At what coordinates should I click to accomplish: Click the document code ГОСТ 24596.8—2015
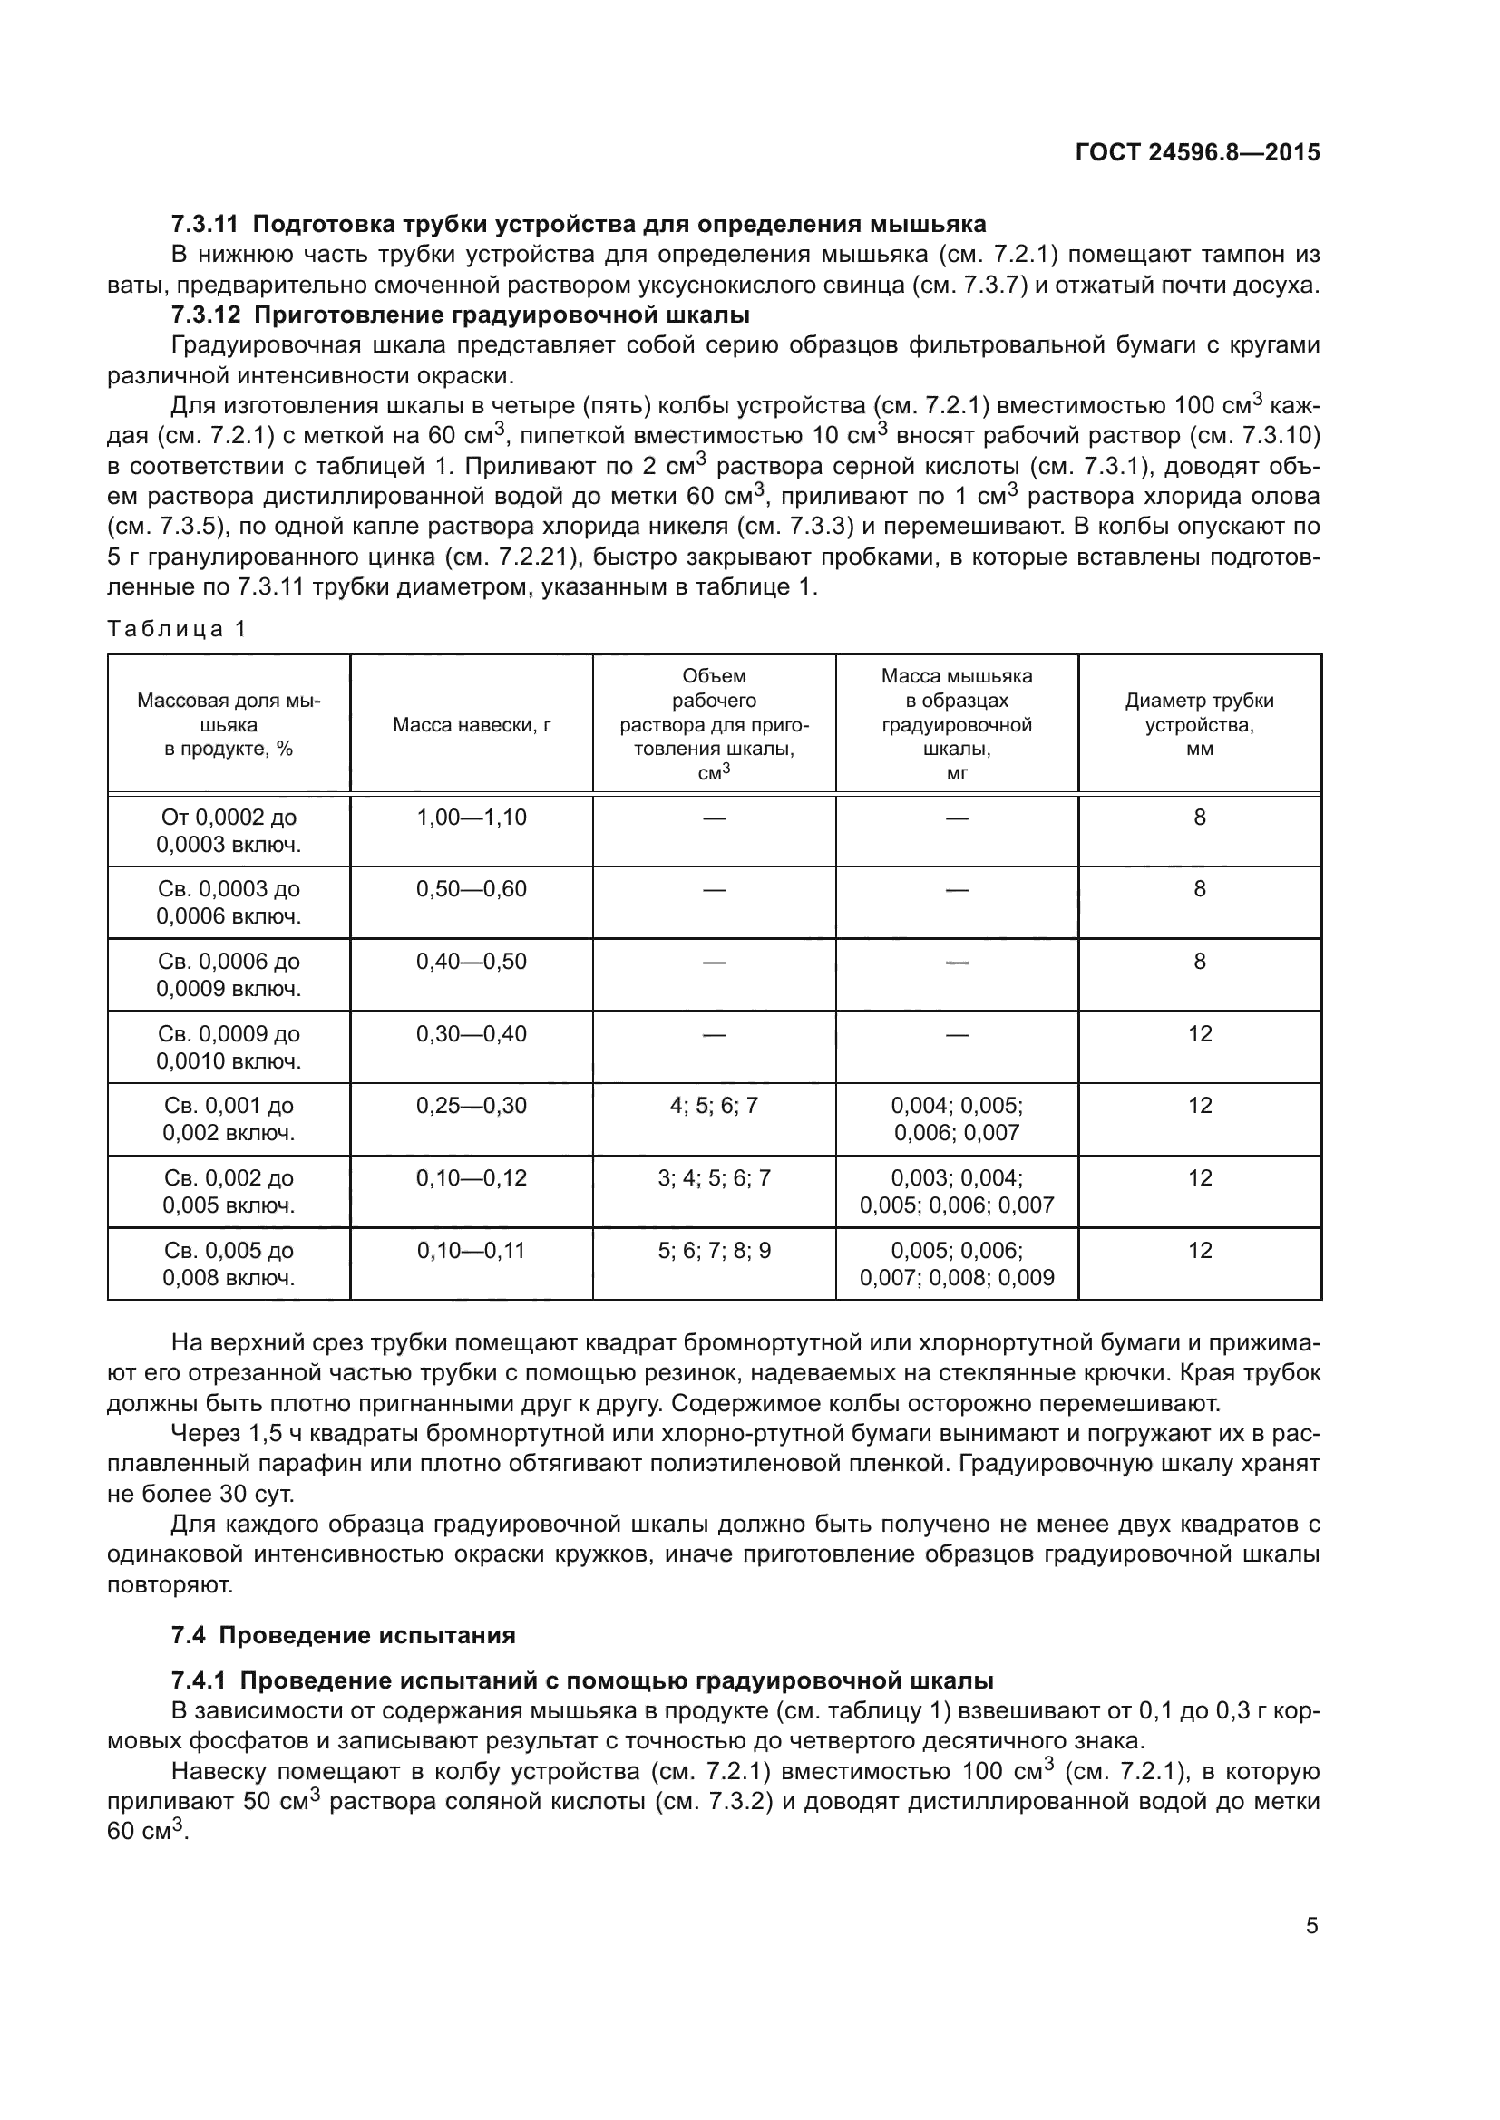pyautogui.click(x=1197, y=152)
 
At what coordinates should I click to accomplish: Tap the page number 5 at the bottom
pyautogui.click(x=1311, y=1926)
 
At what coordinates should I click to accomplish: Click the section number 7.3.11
pyautogui.click(x=204, y=225)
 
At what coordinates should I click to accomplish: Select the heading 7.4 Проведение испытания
pyautogui.click(x=343, y=1635)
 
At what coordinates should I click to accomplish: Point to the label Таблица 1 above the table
pyautogui.click(x=178, y=630)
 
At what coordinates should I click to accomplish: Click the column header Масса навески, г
pyautogui.click(x=471, y=725)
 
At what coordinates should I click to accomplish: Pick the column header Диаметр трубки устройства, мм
pyautogui.click(x=1199, y=725)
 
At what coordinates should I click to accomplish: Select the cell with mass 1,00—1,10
pyautogui.click(x=471, y=818)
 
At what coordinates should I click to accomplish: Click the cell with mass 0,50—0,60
pyautogui.click(x=471, y=890)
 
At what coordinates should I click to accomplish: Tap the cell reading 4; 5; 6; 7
pyautogui.click(x=713, y=1106)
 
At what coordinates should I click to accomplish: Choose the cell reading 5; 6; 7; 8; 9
pyautogui.click(x=713, y=1251)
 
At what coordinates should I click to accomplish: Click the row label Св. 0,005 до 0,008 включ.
pyautogui.click(x=229, y=1264)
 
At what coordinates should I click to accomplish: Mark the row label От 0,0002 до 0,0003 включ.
pyautogui.click(x=229, y=831)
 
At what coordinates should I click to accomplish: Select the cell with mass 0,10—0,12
pyautogui.click(x=471, y=1179)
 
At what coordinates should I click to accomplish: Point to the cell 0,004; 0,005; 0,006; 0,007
pyautogui.click(x=956, y=1119)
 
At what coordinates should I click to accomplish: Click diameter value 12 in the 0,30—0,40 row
pyautogui.click(x=1199, y=1034)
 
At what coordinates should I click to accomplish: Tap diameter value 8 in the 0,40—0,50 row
pyautogui.click(x=1199, y=963)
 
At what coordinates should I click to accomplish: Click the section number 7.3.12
pyautogui.click(x=204, y=315)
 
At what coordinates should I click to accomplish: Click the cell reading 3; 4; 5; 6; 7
pyautogui.click(x=713, y=1179)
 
